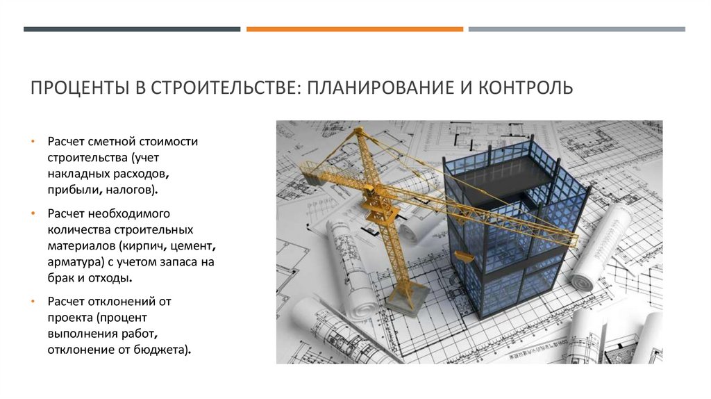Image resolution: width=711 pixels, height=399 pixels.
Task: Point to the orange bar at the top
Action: pyautogui.click(x=354, y=29)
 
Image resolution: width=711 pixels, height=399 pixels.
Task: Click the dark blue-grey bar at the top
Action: pyautogui.click(x=132, y=29)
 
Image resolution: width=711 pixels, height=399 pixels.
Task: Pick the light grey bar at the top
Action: pyautogui.click(x=576, y=29)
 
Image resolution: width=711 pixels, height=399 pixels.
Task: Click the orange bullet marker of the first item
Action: pyautogui.click(x=33, y=142)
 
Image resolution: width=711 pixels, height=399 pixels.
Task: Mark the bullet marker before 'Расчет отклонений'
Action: pyautogui.click(x=33, y=302)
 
